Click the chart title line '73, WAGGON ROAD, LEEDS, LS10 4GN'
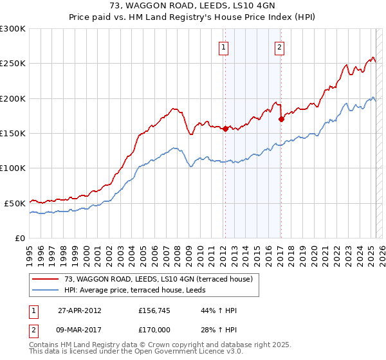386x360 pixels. (193, 6)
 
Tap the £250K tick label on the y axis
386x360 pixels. (13, 64)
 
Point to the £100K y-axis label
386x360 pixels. (13, 168)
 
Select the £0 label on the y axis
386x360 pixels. (20, 238)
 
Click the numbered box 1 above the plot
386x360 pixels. (223, 46)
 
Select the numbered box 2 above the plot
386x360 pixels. (280, 46)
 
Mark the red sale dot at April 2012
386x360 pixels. (225, 129)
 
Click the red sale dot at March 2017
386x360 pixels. (281, 119)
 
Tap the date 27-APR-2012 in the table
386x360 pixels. (79, 310)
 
